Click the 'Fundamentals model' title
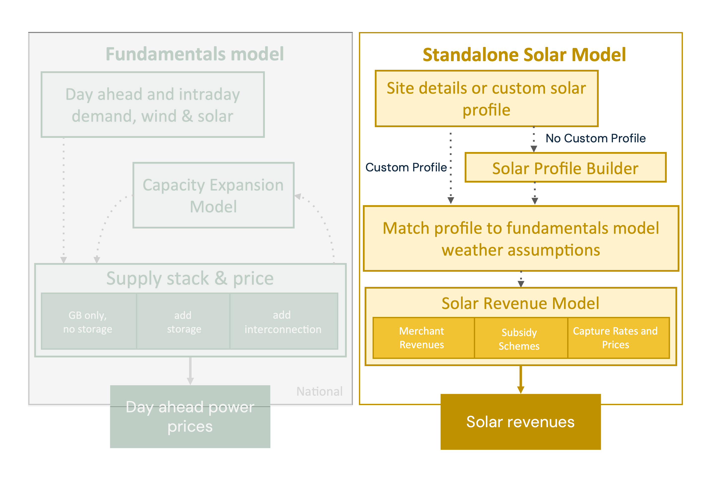(195, 54)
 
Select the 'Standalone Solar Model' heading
(524, 55)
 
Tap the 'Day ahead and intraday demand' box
(153, 105)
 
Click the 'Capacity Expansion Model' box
(213, 195)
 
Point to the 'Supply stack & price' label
(190, 278)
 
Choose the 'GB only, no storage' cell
(89, 321)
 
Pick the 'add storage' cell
(183, 321)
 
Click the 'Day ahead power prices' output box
(190, 416)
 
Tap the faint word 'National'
(319, 391)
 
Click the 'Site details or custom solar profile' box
(486, 98)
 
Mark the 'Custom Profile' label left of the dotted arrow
(406, 167)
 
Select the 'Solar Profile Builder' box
(565, 167)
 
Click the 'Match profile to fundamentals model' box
(521, 238)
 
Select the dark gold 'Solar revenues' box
(520, 422)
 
